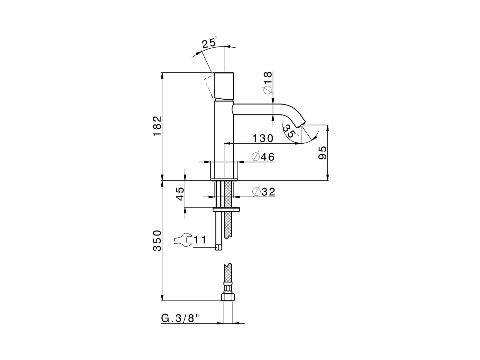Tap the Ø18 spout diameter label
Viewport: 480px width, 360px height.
pos(267,83)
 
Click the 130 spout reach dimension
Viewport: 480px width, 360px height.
pos(262,138)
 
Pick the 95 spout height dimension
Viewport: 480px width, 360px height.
pos(322,153)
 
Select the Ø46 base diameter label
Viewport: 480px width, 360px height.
pos(263,157)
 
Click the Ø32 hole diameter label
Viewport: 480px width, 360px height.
pos(264,192)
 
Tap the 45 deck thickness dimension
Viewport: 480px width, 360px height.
pos(180,194)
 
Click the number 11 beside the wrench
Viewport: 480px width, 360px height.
pos(200,240)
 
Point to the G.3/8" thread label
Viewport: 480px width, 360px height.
pos(180,318)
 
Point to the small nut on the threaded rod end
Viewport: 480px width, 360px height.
pos(218,247)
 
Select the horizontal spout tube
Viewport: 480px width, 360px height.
pos(255,109)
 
